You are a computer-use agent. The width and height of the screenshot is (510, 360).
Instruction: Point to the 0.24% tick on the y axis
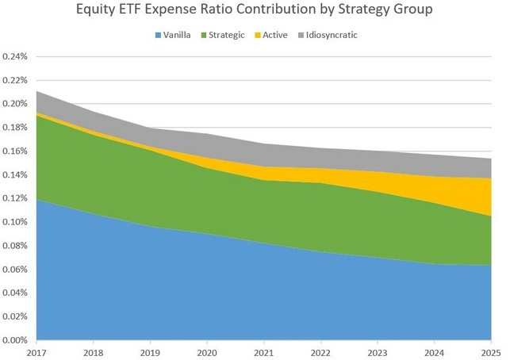(15, 57)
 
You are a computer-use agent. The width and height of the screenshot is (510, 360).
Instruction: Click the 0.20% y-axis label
(15, 104)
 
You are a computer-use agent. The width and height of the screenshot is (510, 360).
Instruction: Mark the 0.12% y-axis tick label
(15, 198)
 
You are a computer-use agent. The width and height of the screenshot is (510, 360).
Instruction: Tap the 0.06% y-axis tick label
(15, 270)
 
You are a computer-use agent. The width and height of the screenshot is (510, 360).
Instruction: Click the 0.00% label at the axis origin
(15, 340)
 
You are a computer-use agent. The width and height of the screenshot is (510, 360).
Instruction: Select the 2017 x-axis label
(36, 351)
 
